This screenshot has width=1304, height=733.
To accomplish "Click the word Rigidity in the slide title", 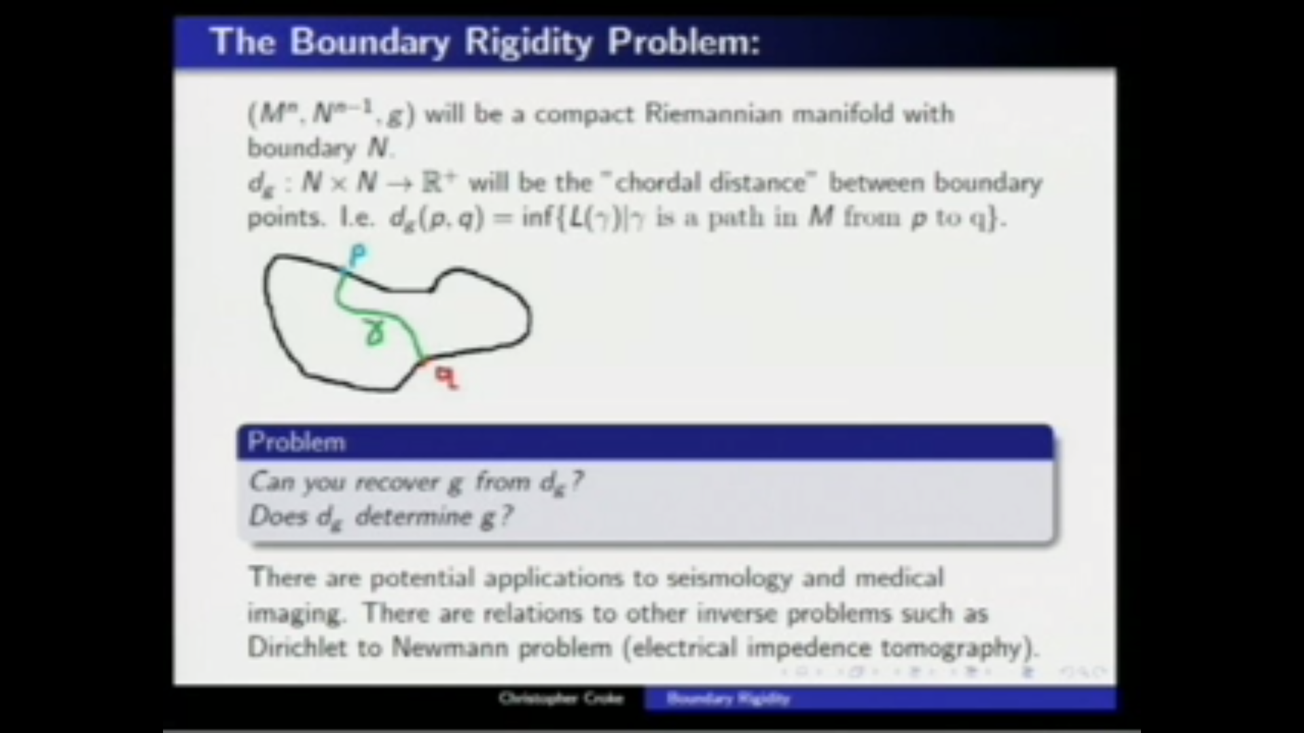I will pos(528,42).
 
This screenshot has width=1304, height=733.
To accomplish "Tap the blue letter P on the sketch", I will pos(358,257).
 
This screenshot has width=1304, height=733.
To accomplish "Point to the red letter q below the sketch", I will pos(446,377).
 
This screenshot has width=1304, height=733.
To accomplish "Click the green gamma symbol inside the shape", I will pos(375,333).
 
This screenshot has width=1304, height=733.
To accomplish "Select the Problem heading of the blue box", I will pos(297,442).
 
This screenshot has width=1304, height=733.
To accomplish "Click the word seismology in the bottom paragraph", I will pos(729,578).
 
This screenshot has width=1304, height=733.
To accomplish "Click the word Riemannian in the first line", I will pos(713,113).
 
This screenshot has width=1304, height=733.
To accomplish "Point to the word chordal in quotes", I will pos(657,183).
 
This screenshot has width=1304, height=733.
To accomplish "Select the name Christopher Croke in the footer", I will pos(561,698).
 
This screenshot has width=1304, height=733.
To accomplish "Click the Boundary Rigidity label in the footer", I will pos(728,698).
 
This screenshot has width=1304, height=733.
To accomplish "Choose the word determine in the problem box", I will pos(414,517).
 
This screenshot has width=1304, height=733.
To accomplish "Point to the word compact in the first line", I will pos(584,113).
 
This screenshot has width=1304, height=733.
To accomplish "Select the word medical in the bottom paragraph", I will pos(899,578).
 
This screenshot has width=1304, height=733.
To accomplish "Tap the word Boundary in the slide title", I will pos(370,42).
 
